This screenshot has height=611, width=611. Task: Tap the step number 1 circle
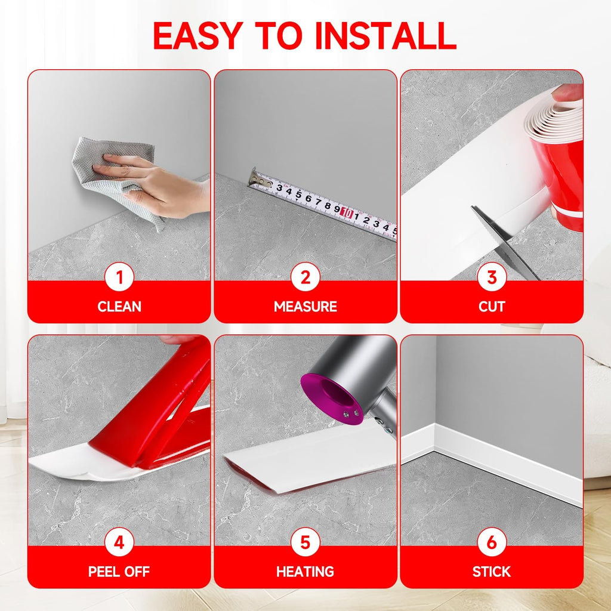pos(119,277)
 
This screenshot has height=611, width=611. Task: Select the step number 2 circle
pos(305,277)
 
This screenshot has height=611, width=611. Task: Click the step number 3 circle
pos(492,277)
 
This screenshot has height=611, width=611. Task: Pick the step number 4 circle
pos(119,542)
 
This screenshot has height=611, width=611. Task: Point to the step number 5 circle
pos(305,542)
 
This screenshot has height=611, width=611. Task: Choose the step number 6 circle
pos(492,542)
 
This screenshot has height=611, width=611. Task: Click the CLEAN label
pos(119,307)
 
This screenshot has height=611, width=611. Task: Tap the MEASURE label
pos(305,307)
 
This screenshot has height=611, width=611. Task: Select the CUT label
pos(492,307)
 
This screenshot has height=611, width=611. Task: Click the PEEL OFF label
pos(119,572)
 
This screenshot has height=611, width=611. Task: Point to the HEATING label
pos(305,572)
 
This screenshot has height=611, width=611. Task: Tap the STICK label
pos(492,572)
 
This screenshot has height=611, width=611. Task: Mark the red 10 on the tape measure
pos(346,211)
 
